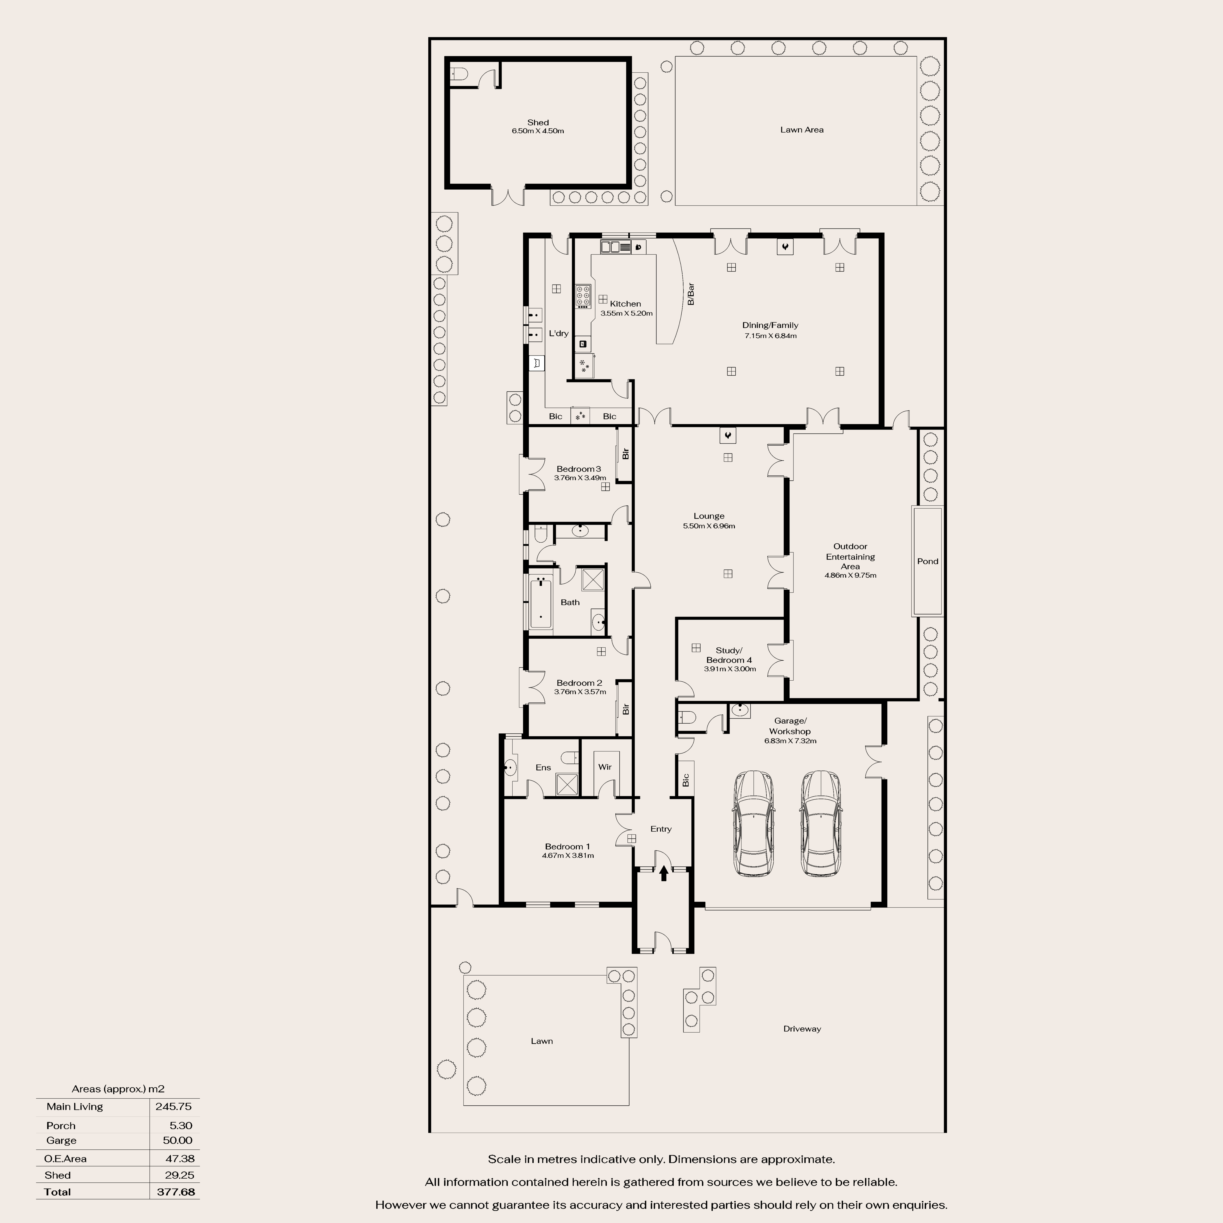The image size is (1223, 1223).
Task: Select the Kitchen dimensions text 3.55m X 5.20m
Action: pyautogui.click(x=626, y=313)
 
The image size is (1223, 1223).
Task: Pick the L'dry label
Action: pyautogui.click(x=558, y=333)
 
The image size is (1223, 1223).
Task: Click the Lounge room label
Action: pyautogui.click(x=708, y=516)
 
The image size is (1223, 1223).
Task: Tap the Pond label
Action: pyautogui.click(x=927, y=561)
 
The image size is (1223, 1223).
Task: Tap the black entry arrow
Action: pyautogui.click(x=663, y=874)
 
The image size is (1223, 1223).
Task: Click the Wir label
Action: pyautogui.click(x=605, y=767)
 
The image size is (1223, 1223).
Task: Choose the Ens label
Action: pyautogui.click(x=543, y=767)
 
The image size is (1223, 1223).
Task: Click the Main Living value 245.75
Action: pyautogui.click(x=173, y=1107)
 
